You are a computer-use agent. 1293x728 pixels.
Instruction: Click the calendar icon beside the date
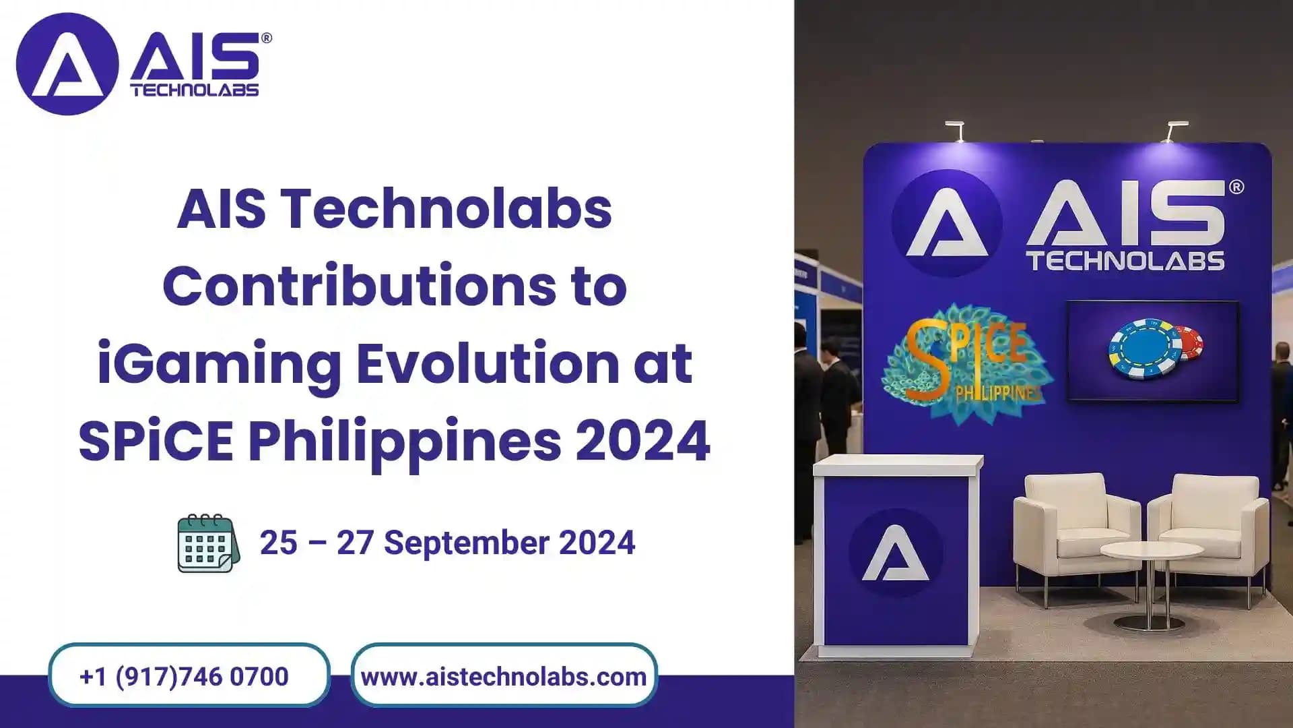coord(208,543)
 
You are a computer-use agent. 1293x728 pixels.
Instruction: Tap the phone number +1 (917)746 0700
coord(185,676)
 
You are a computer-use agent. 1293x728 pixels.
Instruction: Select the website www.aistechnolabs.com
coord(504,676)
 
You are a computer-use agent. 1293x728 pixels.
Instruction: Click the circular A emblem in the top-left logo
coord(67,65)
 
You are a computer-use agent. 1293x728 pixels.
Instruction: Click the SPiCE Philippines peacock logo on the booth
coord(966,364)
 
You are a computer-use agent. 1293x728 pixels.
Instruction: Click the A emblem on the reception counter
coord(896,553)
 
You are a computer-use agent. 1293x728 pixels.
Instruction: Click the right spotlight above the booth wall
coord(1175,131)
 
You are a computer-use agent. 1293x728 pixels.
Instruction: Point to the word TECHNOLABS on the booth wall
coord(1125,261)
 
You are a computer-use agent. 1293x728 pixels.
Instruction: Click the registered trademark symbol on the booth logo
coord(1236,187)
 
